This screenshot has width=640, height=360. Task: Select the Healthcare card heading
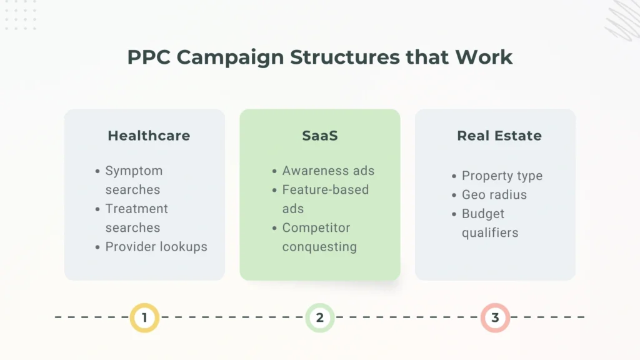point(149,136)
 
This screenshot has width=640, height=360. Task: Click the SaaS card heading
point(320,136)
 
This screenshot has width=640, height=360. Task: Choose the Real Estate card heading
point(499,136)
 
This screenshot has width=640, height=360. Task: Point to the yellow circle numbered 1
point(144,317)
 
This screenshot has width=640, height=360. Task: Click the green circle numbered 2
point(320,317)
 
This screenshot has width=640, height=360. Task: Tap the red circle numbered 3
point(495,317)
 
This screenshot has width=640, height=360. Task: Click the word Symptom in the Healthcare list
point(134,171)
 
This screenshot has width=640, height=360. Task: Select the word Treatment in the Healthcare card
point(136,209)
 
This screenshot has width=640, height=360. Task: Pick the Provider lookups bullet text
point(156,247)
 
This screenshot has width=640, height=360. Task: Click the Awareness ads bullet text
point(328,171)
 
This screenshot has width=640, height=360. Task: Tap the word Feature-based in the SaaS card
point(325,189)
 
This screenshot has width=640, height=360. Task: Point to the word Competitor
point(316,227)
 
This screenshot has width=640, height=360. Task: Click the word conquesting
point(319,247)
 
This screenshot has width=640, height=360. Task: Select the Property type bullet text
point(502,176)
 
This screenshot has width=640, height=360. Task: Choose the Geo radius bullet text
point(494,195)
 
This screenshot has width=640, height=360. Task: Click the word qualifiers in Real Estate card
point(490,233)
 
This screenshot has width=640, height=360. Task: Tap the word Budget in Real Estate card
point(482,214)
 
